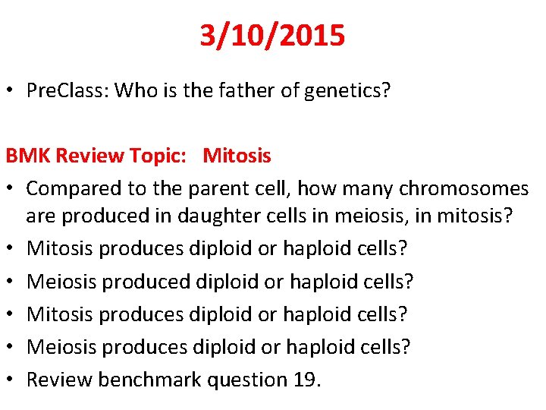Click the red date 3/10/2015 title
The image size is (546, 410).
click(272, 35)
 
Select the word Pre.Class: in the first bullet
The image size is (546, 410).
click(67, 91)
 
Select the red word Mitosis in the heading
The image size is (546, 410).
click(237, 156)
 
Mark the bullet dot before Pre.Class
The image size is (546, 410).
click(11, 92)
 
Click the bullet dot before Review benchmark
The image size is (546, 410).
click(11, 380)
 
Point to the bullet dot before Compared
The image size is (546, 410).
click(11, 188)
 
